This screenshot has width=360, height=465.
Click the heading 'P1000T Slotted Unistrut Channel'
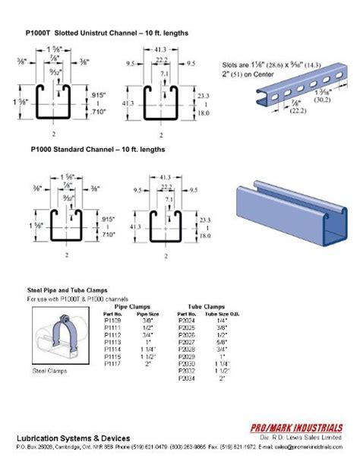pyautogui.click(x=106, y=34)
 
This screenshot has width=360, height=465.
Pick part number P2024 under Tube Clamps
pyautogui.click(x=186, y=321)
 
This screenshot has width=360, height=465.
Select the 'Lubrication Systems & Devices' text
pyautogui.click(x=73, y=438)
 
